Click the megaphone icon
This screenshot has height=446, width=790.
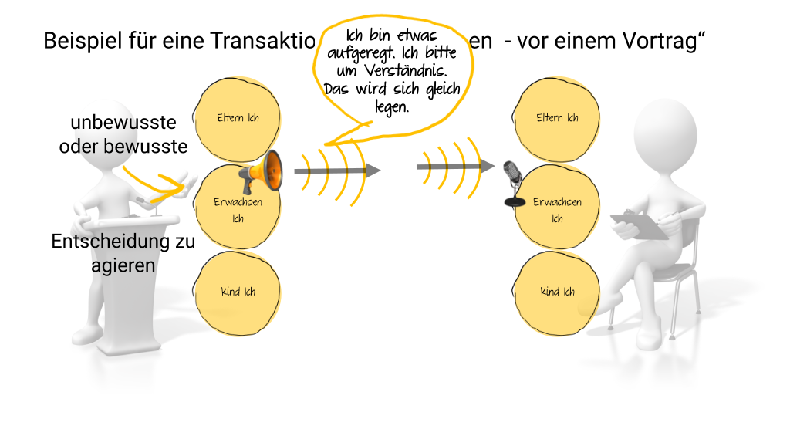[x=262, y=173]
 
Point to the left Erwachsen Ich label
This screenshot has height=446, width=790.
[x=238, y=210]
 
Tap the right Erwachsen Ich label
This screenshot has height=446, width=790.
[x=557, y=210]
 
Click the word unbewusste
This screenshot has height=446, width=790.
[x=123, y=123]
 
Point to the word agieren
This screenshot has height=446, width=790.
[x=123, y=265]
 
